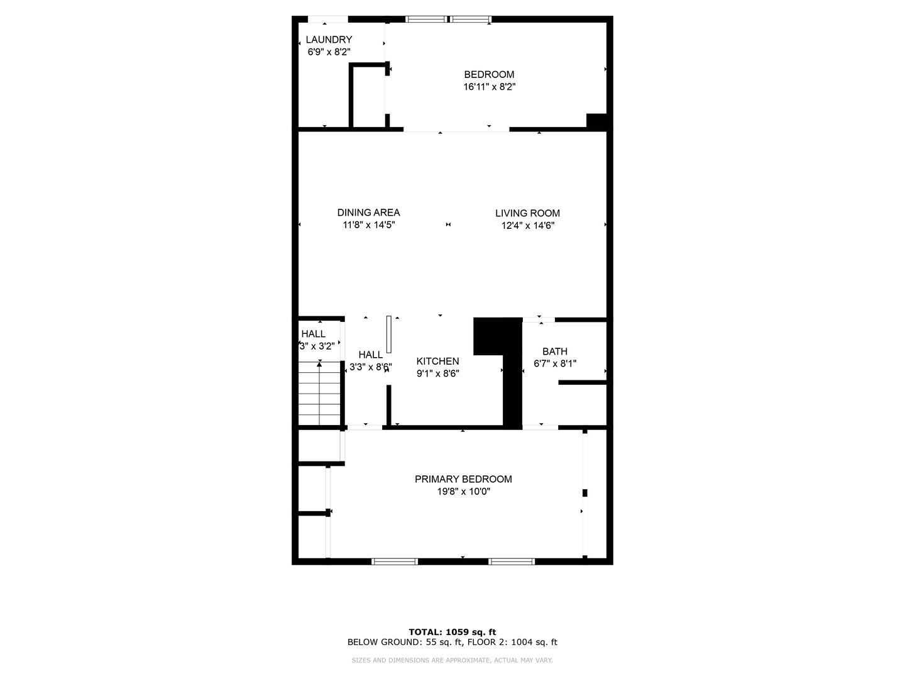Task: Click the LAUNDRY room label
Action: pyautogui.click(x=329, y=40)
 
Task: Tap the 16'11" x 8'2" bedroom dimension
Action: pyautogui.click(x=489, y=87)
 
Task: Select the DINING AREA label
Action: pyautogui.click(x=368, y=213)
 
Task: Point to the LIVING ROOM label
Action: pyautogui.click(x=527, y=213)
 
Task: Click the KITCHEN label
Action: pyautogui.click(x=437, y=362)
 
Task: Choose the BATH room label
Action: pyautogui.click(x=554, y=351)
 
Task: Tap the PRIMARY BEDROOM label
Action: pyautogui.click(x=463, y=479)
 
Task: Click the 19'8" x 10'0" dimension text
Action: pyautogui.click(x=463, y=492)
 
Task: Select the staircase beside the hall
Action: pyautogui.click(x=319, y=394)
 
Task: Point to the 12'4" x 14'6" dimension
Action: pyautogui.click(x=527, y=226)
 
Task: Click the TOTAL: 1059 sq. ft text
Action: pyautogui.click(x=452, y=632)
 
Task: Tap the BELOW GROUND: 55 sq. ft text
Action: pyautogui.click(x=405, y=643)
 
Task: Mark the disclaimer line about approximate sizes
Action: pyautogui.click(x=452, y=660)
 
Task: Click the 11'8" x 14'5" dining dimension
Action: pyautogui.click(x=368, y=225)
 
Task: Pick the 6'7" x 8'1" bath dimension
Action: pyautogui.click(x=554, y=363)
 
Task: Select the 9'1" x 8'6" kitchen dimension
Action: pyautogui.click(x=437, y=373)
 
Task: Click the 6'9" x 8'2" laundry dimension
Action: pyautogui.click(x=329, y=52)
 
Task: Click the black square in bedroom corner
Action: pyautogui.click(x=596, y=121)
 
